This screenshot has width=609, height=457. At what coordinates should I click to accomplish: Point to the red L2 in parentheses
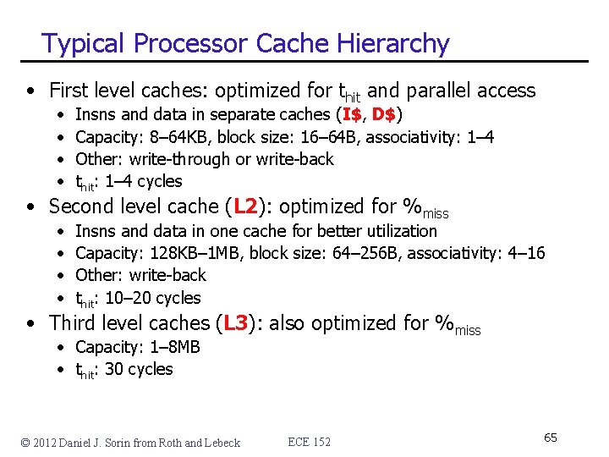coord(245,206)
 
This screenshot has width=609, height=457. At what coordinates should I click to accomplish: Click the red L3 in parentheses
coord(236,323)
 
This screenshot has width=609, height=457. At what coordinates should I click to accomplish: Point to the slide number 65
coord(550,438)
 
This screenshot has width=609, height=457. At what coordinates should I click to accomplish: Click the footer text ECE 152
coord(310,442)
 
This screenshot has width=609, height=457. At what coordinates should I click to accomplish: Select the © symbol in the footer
coord(26,442)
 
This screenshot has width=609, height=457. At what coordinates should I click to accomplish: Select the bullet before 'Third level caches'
coord(31,324)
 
